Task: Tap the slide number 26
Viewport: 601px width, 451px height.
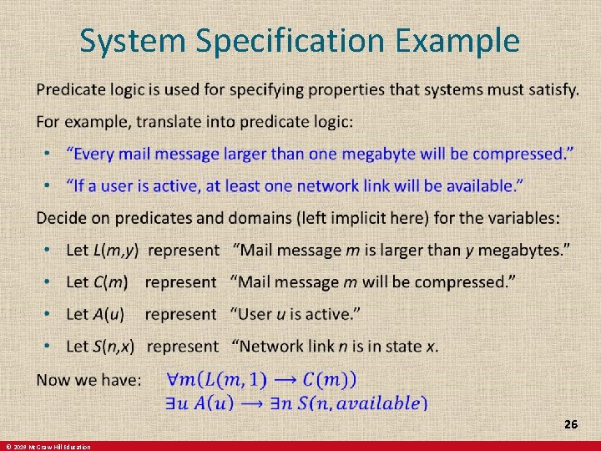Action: (x=570, y=425)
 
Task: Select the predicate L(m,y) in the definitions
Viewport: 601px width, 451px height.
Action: (x=115, y=250)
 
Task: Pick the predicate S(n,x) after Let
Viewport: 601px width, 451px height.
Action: (x=116, y=346)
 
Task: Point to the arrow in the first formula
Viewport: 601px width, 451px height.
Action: (x=285, y=380)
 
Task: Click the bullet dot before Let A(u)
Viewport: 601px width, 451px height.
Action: (x=50, y=315)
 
